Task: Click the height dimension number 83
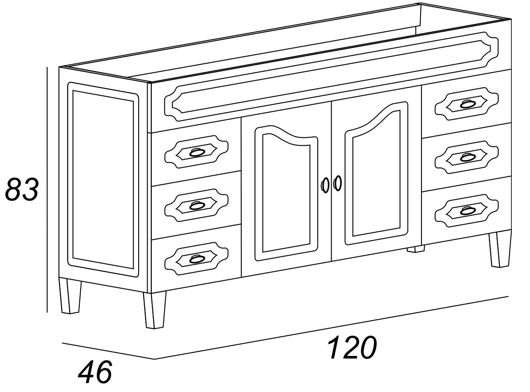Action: click(x=22, y=189)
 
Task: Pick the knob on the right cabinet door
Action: click(x=337, y=183)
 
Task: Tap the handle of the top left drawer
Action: click(x=197, y=152)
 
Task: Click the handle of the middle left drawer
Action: click(x=197, y=206)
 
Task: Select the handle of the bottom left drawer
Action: click(x=197, y=259)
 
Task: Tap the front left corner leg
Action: click(x=155, y=310)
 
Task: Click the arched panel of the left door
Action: click(x=286, y=193)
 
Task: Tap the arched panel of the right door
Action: click(x=377, y=173)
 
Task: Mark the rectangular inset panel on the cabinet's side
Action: click(x=103, y=180)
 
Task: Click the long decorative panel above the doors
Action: click(x=331, y=77)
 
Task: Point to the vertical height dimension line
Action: click(x=47, y=190)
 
